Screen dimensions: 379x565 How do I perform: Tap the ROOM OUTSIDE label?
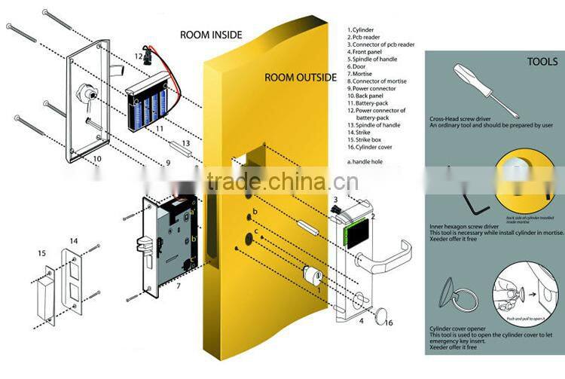tap(300, 77)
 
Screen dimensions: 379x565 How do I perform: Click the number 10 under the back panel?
tap(96, 159)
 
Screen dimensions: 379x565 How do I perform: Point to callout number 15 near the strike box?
tap(42, 253)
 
